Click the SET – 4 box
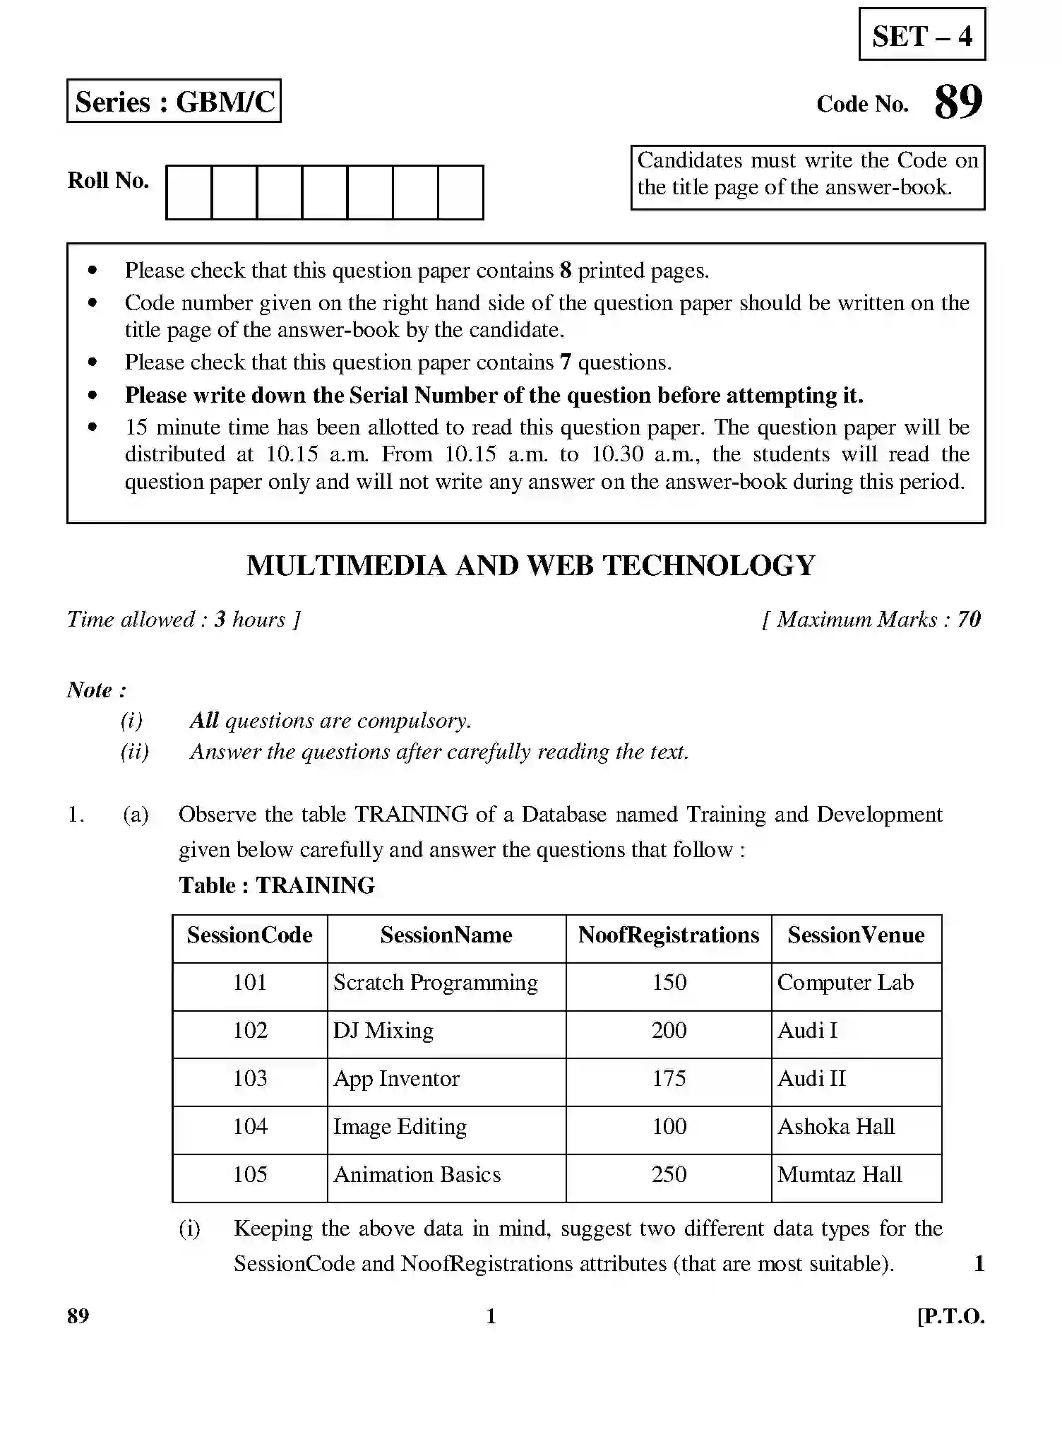pyautogui.click(x=921, y=35)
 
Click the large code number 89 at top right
pyautogui.click(x=957, y=102)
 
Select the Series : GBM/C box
pyautogui.click(x=174, y=101)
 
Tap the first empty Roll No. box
pyautogui.click(x=189, y=192)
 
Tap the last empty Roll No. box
pyautogui.click(x=460, y=192)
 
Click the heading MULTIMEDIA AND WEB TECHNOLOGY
pyautogui.click(x=530, y=565)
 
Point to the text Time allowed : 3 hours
pyautogui.click(x=184, y=620)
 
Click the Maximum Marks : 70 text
pyautogui.click(x=873, y=620)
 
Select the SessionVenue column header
pyautogui.click(x=856, y=935)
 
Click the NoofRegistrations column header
pyautogui.click(x=668, y=935)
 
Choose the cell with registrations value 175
pyautogui.click(x=668, y=1079)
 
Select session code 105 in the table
pyautogui.click(x=250, y=1175)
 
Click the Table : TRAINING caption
pyautogui.click(x=276, y=885)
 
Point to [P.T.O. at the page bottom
pyautogui.click(x=950, y=1317)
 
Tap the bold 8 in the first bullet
pyautogui.click(x=565, y=271)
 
